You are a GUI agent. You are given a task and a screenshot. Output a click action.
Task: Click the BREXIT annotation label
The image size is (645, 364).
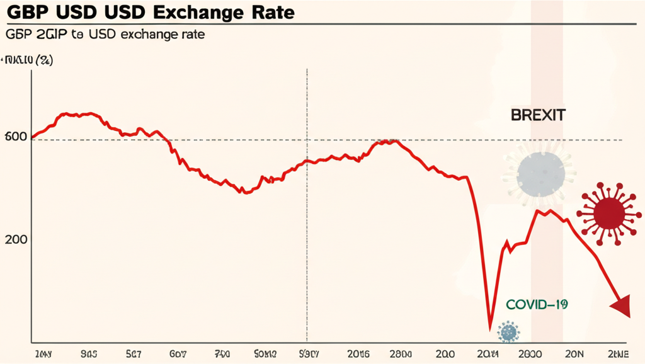(x=537, y=115)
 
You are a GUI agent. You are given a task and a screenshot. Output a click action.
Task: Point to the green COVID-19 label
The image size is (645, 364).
(x=537, y=305)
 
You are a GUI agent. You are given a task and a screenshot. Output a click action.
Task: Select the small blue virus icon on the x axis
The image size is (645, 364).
(x=508, y=331)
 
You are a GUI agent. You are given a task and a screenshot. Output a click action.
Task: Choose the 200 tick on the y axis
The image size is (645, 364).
(x=19, y=240)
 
